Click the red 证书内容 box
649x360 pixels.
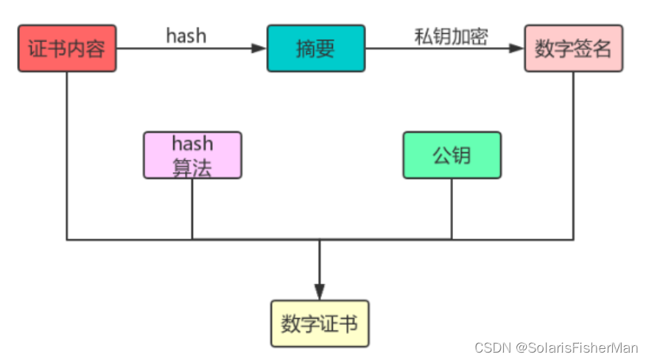(67, 49)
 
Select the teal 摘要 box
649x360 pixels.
(316, 49)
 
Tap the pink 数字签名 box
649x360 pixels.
(573, 49)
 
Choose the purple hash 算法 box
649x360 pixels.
(192, 155)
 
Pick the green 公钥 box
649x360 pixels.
(452, 155)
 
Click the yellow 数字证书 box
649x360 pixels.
(320, 323)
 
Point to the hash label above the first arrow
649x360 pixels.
(186, 36)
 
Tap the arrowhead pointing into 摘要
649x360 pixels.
(259, 49)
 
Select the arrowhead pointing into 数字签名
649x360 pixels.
(516, 49)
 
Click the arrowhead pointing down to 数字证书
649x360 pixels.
(320, 292)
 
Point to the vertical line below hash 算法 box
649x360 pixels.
(192, 209)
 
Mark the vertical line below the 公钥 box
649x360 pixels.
(452, 209)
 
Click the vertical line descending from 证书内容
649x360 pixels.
(67, 155)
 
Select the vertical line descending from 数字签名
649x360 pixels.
(573, 155)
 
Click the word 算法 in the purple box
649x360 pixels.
(192, 167)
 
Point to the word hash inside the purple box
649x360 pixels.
(192, 143)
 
